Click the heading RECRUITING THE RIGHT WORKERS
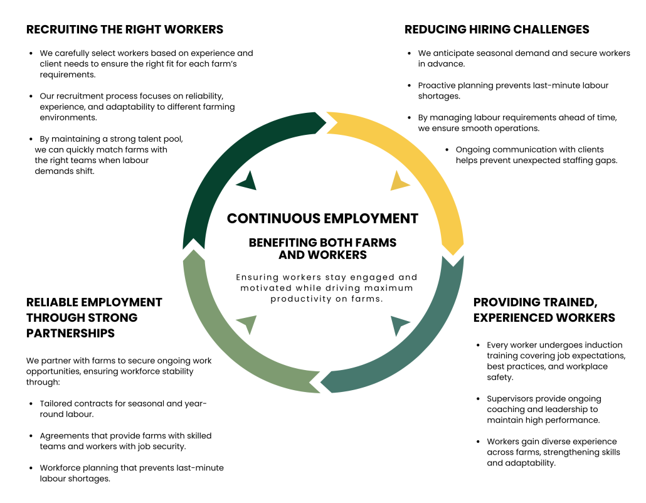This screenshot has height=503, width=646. [124, 29]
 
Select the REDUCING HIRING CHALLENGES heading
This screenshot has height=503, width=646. [497, 29]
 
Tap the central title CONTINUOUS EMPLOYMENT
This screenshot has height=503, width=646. [322, 218]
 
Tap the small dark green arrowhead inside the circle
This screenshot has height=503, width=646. [247, 181]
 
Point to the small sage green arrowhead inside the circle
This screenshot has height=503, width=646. [247, 324]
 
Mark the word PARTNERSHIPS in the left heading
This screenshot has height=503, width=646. [70, 333]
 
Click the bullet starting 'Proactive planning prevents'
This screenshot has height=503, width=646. [513, 90]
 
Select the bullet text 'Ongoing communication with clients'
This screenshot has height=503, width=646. [530, 149]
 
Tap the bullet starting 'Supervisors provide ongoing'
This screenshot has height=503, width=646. [543, 409]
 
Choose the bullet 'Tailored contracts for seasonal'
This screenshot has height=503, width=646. [123, 409]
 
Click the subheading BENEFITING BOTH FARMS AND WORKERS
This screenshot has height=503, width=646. [322, 248]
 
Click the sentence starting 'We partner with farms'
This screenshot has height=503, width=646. [119, 371]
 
